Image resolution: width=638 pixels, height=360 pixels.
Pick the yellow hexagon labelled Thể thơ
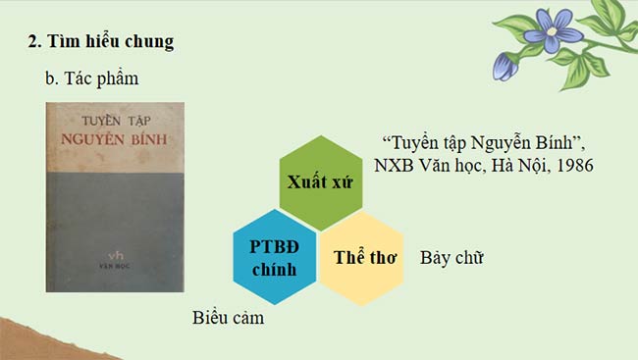364,258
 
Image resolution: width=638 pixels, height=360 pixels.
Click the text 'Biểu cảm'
229,318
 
